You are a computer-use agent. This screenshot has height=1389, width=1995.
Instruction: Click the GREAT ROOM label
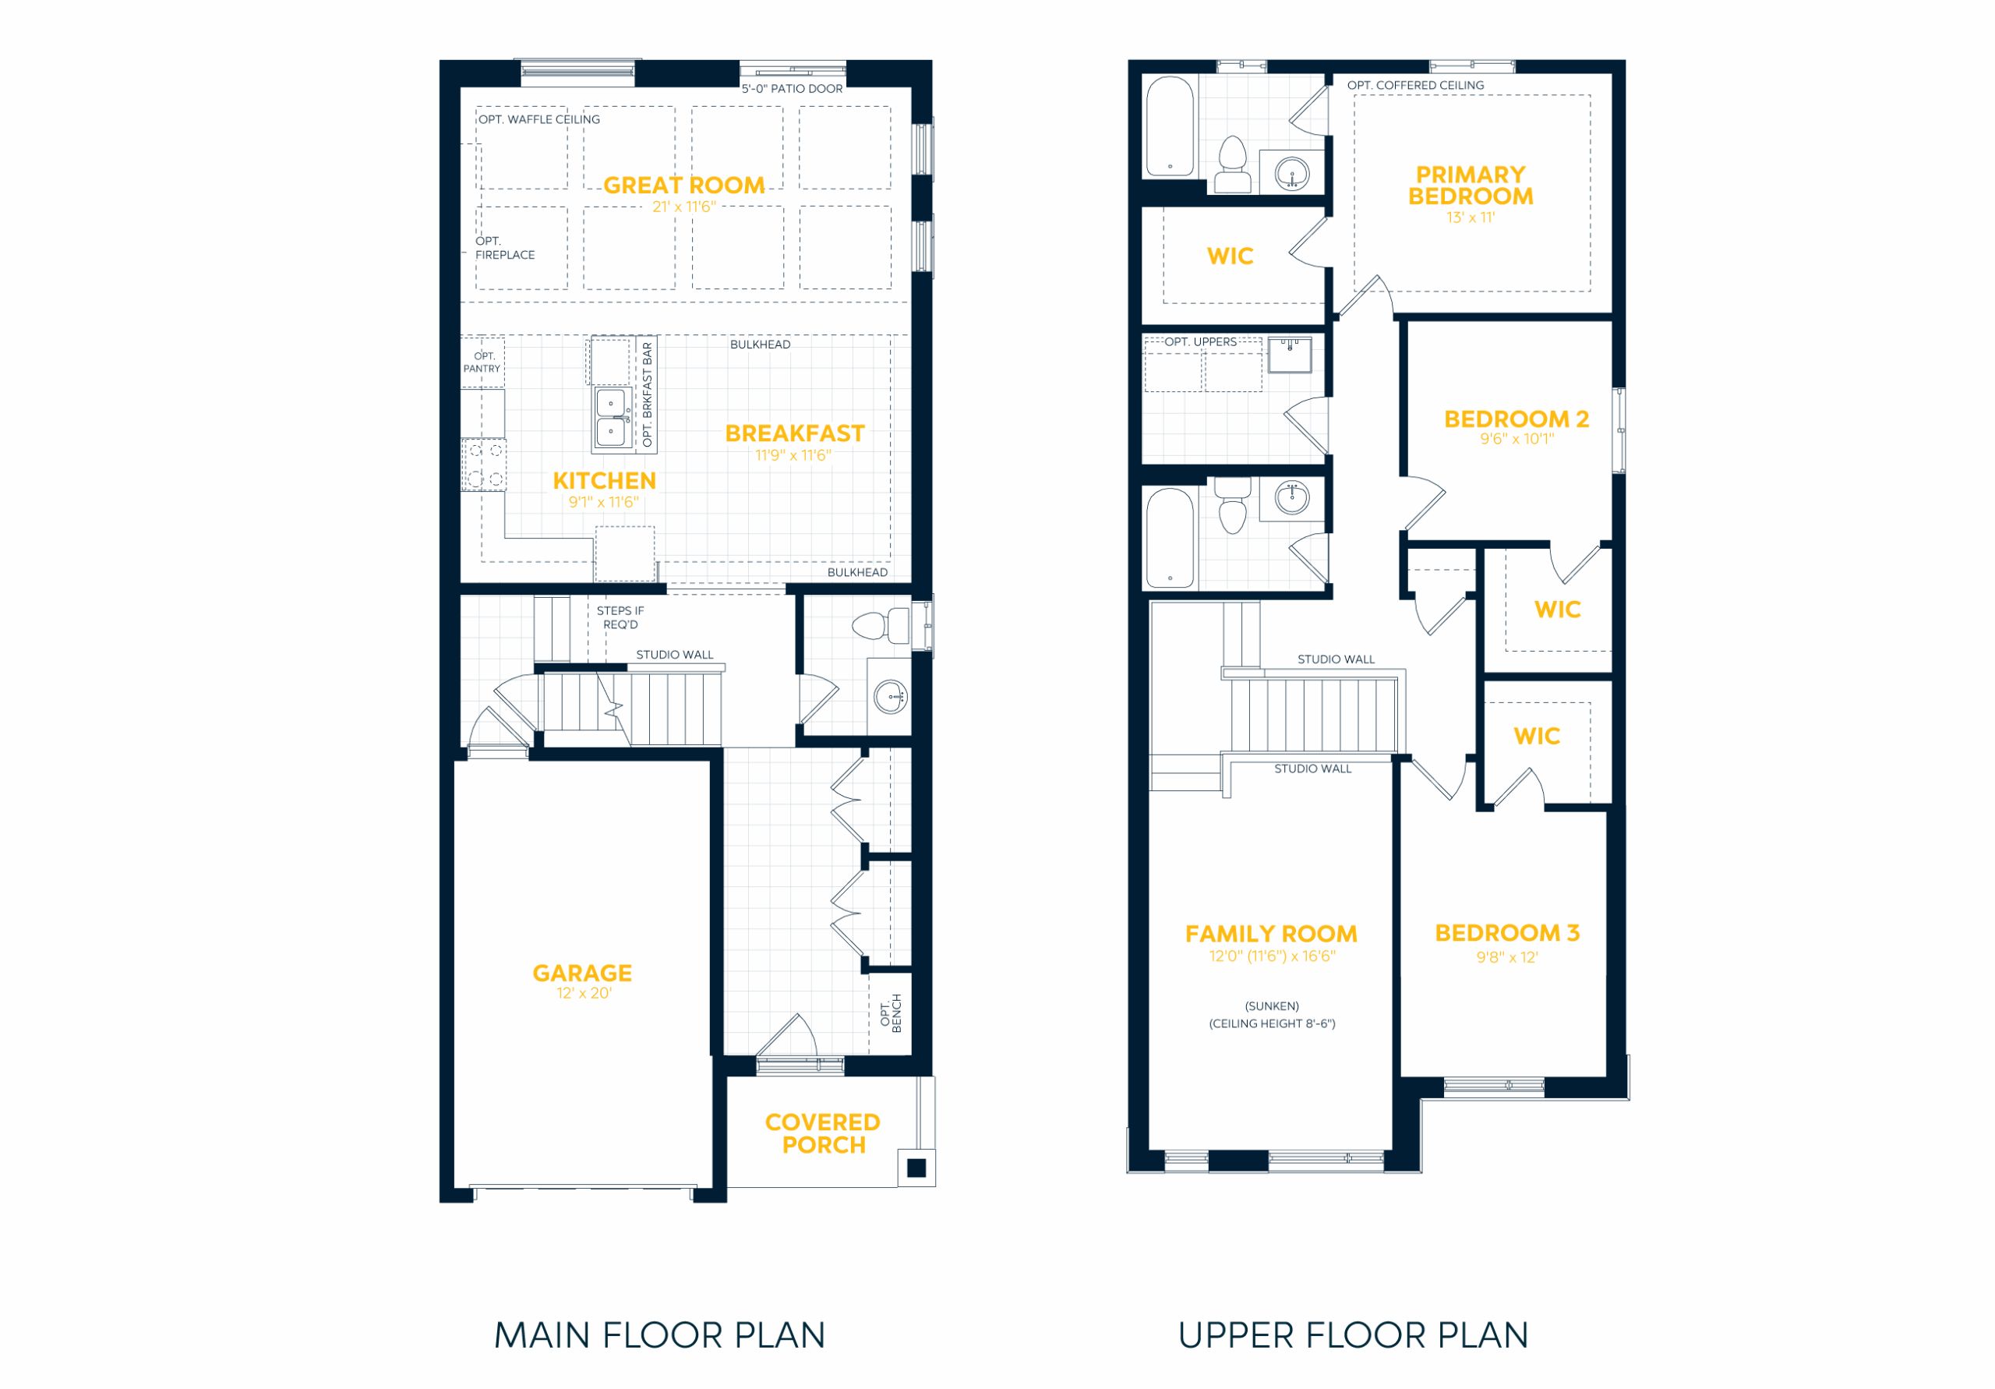(x=683, y=186)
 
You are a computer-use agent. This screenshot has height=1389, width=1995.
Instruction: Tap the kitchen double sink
(x=613, y=417)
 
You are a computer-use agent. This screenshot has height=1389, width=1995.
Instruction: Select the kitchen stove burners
(x=485, y=465)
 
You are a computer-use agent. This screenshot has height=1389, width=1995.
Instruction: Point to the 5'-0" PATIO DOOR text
(x=792, y=89)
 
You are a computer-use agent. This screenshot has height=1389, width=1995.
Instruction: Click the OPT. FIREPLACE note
(x=505, y=248)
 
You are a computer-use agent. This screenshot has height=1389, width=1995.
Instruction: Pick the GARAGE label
(x=582, y=973)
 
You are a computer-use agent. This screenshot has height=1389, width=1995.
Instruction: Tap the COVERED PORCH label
(x=823, y=1133)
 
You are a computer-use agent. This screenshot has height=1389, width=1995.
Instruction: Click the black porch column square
(x=916, y=1168)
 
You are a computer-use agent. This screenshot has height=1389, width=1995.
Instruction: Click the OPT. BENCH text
(x=891, y=1013)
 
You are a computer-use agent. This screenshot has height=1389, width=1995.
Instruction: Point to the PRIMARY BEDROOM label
(x=1471, y=186)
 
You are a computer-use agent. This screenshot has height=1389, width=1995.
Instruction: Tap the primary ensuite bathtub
(x=1170, y=126)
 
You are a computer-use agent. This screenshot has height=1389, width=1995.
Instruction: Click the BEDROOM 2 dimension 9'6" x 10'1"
(x=1517, y=439)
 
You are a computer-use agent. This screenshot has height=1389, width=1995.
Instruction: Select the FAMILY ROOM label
(x=1271, y=934)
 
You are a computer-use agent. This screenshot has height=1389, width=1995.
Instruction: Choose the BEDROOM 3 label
(x=1507, y=933)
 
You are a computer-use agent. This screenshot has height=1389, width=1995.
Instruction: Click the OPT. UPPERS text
(x=1201, y=341)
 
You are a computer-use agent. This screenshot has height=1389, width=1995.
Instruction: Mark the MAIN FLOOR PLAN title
(x=659, y=1335)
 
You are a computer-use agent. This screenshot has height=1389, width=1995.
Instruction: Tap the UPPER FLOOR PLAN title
(x=1353, y=1335)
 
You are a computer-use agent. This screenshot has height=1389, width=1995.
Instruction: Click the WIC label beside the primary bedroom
(x=1231, y=256)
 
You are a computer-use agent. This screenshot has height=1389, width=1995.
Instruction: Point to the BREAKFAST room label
(x=795, y=433)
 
